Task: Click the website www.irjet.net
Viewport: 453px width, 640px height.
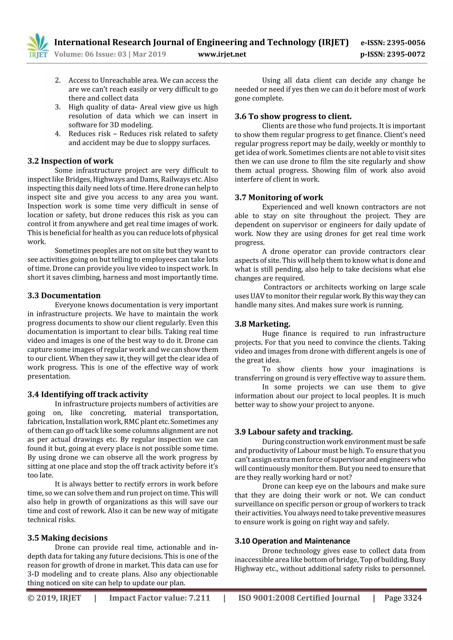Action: click(x=222, y=54)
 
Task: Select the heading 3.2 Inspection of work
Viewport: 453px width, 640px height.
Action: click(x=70, y=161)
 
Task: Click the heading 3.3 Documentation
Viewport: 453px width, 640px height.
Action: click(x=64, y=295)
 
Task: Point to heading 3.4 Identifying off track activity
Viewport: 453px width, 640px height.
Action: click(x=88, y=394)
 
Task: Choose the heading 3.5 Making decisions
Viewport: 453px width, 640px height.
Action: click(x=67, y=538)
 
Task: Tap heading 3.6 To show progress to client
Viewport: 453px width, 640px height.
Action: click(x=293, y=116)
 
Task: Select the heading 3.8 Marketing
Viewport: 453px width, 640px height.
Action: click(x=262, y=324)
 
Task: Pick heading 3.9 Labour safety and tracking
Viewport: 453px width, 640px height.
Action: click(x=294, y=432)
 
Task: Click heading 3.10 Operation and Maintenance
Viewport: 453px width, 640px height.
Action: click(x=292, y=541)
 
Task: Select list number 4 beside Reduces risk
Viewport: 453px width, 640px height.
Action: click(x=58, y=134)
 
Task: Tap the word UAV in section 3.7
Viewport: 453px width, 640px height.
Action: click(x=257, y=296)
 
